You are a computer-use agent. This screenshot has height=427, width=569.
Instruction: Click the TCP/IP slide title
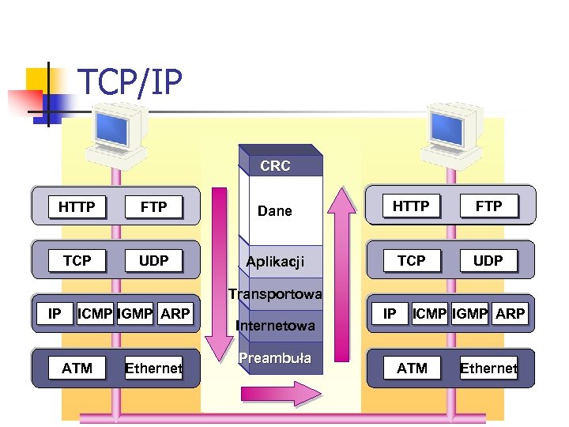(x=130, y=81)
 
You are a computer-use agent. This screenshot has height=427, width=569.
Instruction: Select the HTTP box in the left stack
(x=77, y=207)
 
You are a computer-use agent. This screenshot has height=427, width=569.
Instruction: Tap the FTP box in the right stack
(x=488, y=206)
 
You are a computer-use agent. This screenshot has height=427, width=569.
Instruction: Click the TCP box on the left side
(x=77, y=261)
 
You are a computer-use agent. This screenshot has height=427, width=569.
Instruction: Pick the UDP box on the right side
(x=488, y=260)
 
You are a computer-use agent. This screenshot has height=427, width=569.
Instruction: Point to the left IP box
(x=55, y=314)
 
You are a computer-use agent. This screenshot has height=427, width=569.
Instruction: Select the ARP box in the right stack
(x=510, y=314)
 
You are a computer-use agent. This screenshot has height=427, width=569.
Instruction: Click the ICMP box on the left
(x=95, y=314)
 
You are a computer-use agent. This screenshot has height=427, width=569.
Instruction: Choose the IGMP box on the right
(x=470, y=314)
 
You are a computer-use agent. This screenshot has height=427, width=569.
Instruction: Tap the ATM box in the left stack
(x=77, y=368)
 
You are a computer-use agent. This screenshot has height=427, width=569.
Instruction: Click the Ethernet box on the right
(x=488, y=368)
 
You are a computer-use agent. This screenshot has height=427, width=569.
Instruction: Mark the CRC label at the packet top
(x=275, y=166)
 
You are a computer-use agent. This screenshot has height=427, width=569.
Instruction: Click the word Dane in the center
(x=275, y=211)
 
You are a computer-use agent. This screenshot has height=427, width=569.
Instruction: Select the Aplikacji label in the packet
(x=275, y=262)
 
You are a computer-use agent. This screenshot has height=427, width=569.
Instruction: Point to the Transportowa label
(x=275, y=295)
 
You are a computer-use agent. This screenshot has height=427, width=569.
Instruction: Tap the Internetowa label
(x=275, y=325)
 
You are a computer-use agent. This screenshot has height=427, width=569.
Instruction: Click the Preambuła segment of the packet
(x=275, y=358)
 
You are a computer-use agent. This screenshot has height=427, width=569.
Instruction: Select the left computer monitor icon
(x=116, y=130)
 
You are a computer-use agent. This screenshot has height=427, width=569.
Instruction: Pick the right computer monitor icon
(x=451, y=130)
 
